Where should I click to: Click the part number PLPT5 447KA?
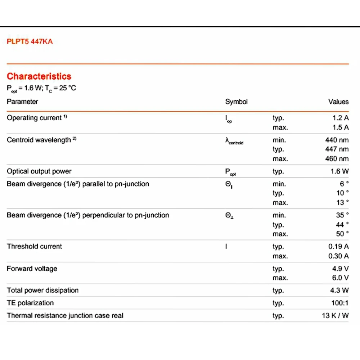pyautogui.click(x=30, y=41)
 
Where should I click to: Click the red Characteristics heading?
pyautogui.click(x=39, y=76)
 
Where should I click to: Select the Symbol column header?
pyautogui.click(x=236, y=102)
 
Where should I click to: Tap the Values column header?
pyautogui.click(x=338, y=102)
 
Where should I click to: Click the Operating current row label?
pyautogui.click(x=35, y=118)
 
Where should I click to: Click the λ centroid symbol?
pyautogui.click(x=234, y=141)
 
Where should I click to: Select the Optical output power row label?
pyautogui.click(x=39, y=171)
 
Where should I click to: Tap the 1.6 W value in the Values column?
pyautogui.click(x=339, y=172)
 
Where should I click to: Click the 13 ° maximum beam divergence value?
pyautogui.click(x=342, y=202)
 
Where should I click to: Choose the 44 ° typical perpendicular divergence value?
pyautogui.click(x=342, y=225)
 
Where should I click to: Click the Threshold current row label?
pyautogui.click(x=35, y=247)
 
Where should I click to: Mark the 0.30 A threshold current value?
pyautogui.click(x=338, y=256)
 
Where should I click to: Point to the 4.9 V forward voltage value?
pyautogui.click(x=340, y=269)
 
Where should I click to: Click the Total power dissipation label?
pyautogui.click(x=42, y=290)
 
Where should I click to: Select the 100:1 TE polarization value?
pyautogui.click(x=340, y=303)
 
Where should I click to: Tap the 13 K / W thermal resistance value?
pyautogui.click(x=335, y=316)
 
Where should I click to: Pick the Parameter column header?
pyautogui.click(x=22, y=102)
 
